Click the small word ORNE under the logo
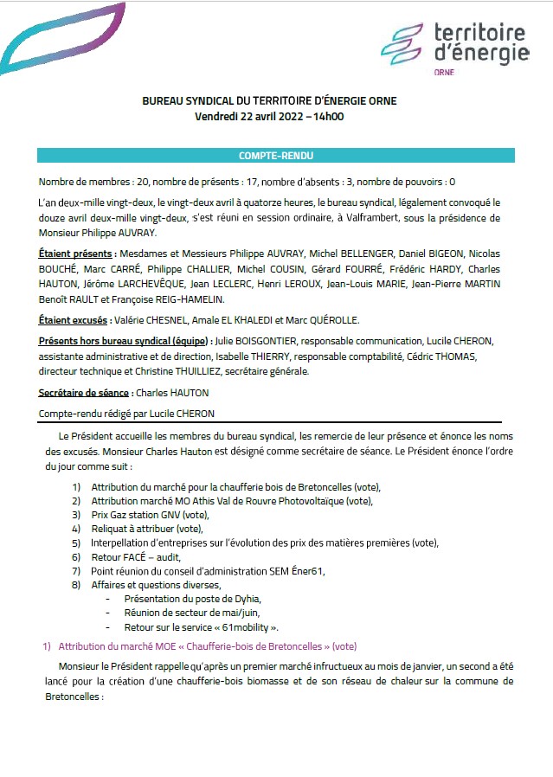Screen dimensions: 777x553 (x=444, y=73)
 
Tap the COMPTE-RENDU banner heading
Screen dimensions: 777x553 (x=276, y=156)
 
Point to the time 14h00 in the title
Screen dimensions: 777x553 (x=328, y=115)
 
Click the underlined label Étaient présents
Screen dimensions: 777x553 (x=76, y=254)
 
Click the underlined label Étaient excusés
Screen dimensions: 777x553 (x=74, y=320)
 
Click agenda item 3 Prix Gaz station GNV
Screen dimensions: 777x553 (x=150, y=514)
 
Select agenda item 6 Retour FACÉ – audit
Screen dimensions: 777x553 (x=136, y=557)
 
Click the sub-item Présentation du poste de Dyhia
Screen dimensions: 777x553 (x=192, y=599)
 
